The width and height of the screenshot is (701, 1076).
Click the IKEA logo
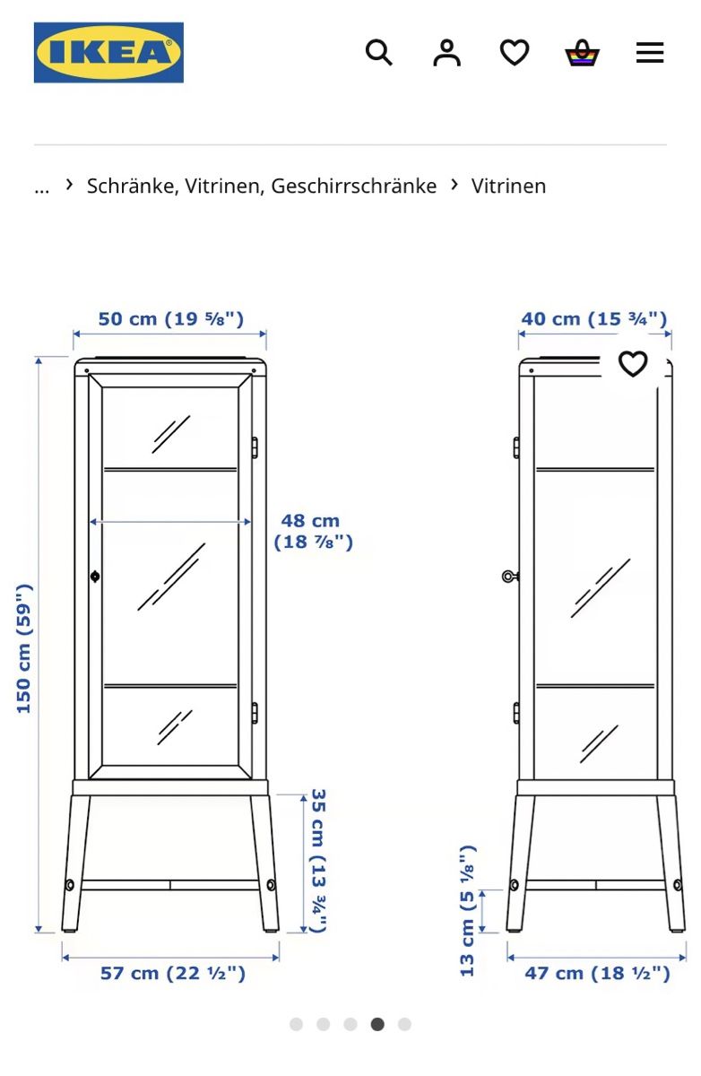108,52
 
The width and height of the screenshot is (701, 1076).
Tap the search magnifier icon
379,52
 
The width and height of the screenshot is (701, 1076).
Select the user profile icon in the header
446,52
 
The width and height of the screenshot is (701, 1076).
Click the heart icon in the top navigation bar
515,52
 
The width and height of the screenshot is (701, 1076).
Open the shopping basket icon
582,52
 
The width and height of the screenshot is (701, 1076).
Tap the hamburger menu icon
650,52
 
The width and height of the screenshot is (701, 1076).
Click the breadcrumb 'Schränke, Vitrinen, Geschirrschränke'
262,186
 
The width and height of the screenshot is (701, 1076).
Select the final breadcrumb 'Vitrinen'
508,186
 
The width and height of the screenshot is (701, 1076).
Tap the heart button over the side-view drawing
632,364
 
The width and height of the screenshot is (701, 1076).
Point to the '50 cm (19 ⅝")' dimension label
171,319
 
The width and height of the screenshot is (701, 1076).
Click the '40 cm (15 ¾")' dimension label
594,319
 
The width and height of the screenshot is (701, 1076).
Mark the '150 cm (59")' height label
24,649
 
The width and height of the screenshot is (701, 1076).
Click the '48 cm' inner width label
311,521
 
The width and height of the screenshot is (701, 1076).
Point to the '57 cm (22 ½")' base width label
173,973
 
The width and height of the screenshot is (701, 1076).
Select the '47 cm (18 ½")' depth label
597,973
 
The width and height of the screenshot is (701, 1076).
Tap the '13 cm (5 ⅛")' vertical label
467,911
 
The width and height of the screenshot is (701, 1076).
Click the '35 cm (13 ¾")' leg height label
319,860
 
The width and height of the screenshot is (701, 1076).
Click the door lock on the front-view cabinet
95,577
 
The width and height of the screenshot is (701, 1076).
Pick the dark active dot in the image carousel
377,1025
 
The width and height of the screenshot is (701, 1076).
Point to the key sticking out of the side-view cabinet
510,576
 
